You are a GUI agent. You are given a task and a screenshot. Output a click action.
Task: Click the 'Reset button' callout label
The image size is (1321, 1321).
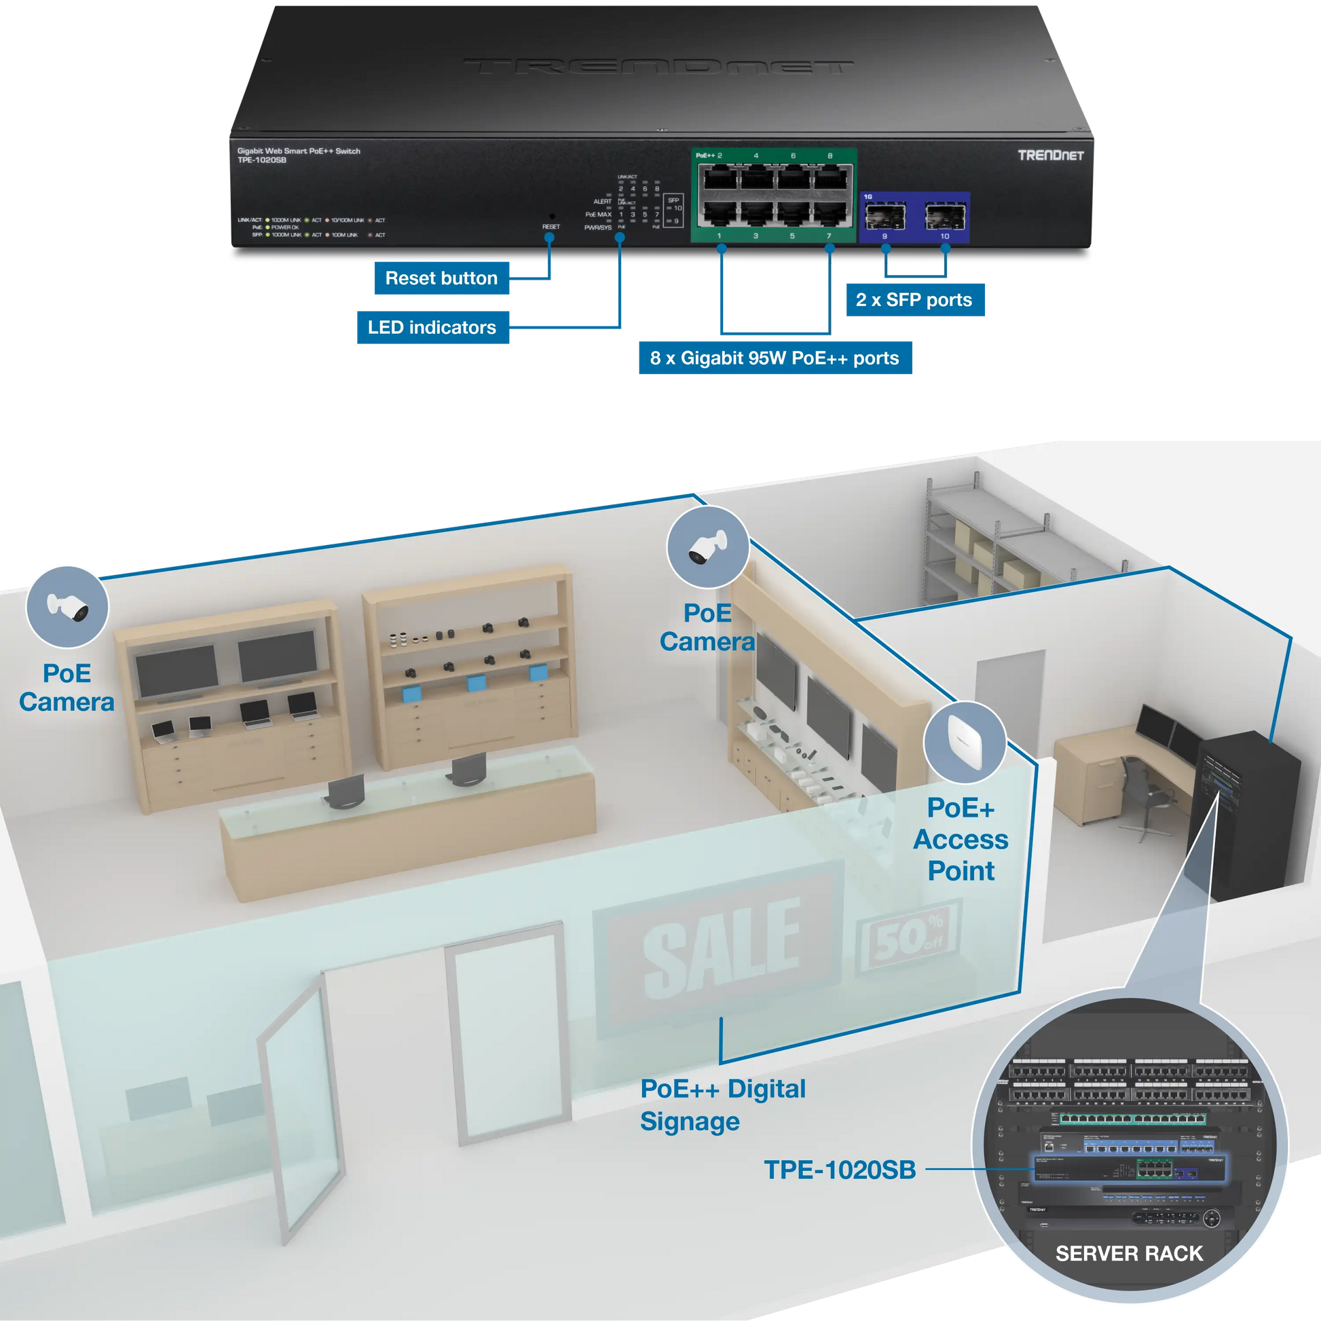(441, 278)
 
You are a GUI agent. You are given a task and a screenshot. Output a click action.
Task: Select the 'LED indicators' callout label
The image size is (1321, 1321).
(432, 327)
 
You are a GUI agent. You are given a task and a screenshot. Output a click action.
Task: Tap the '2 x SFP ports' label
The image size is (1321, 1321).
(914, 300)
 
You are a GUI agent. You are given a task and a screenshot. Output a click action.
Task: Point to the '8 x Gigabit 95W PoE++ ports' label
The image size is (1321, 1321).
(775, 358)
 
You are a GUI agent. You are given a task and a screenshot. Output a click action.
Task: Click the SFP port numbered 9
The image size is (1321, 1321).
(885, 217)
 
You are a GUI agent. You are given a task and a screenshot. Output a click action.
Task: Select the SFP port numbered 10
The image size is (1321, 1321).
(944, 217)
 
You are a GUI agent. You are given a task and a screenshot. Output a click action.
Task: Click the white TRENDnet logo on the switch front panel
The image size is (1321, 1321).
(1050, 155)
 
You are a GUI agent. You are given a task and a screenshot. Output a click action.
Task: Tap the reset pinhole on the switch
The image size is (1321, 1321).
(552, 217)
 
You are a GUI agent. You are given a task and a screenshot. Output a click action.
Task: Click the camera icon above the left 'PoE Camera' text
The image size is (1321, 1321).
(67, 606)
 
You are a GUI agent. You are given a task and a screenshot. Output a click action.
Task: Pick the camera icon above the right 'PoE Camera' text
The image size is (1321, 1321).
(707, 548)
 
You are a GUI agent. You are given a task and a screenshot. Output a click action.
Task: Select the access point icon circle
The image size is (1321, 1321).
(964, 742)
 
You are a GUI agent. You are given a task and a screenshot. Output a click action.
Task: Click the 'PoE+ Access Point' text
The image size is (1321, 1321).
(961, 839)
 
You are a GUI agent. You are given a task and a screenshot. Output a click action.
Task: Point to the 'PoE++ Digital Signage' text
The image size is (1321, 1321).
(722, 1104)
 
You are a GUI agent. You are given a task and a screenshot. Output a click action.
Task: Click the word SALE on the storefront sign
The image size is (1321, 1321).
(721, 948)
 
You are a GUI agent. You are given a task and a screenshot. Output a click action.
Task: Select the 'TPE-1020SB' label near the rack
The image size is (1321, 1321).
(840, 1170)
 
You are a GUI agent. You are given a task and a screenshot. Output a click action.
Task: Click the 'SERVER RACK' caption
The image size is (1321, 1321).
(1129, 1253)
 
